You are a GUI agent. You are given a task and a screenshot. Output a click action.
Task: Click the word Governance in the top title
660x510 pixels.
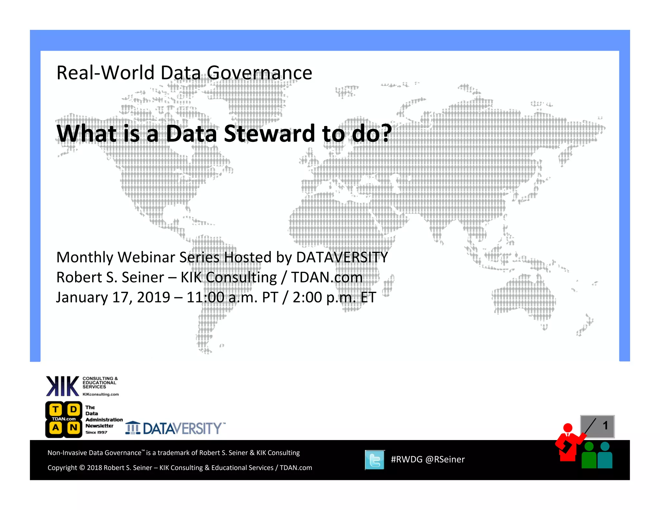click(x=259, y=73)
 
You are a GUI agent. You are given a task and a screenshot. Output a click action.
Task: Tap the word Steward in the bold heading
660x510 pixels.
click(x=269, y=133)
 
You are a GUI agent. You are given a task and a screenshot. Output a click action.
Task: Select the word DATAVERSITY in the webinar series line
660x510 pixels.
click(x=342, y=257)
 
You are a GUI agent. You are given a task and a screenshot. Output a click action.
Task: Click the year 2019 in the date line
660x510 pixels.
click(x=153, y=297)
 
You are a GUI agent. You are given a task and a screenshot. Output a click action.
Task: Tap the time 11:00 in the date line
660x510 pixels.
click(x=205, y=297)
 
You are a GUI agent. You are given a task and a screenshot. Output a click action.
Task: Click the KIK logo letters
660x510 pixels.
click(x=63, y=386)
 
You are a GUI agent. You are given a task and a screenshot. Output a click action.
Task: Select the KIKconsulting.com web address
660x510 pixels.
click(x=101, y=394)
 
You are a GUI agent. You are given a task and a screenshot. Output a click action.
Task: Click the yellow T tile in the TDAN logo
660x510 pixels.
click(x=55, y=409)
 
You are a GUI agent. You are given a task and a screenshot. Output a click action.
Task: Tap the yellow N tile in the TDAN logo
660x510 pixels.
click(x=73, y=428)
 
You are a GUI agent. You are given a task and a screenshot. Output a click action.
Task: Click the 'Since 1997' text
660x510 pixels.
click(x=96, y=432)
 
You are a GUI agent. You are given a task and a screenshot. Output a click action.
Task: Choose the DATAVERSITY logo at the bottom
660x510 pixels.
click(x=176, y=428)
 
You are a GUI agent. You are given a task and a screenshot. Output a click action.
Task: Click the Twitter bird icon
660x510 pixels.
click(x=375, y=460)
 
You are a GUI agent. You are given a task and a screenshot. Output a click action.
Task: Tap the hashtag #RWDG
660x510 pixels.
click(x=406, y=459)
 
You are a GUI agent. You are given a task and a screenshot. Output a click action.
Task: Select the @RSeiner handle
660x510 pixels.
click(x=445, y=459)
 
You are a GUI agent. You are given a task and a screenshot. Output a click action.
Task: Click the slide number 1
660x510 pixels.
click(x=605, y=426)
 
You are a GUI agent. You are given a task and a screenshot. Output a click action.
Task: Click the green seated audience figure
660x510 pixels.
click(x=589, y=456)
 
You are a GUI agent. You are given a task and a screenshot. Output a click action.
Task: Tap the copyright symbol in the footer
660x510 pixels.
click(x=82, y=468)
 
